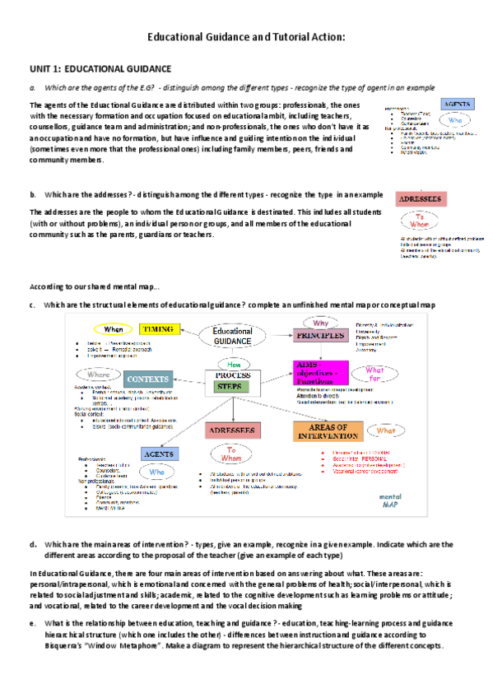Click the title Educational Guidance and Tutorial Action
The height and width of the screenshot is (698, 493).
(x=245, y=37)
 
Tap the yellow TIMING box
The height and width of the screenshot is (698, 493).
(x=157, y=329)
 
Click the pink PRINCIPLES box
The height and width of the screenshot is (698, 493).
(x=316, y=335)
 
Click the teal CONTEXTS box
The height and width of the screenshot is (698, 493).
(x=148, y=379)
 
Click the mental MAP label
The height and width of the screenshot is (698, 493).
(x=412, y=501)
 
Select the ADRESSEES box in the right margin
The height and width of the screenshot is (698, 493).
(x=421, y=199)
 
